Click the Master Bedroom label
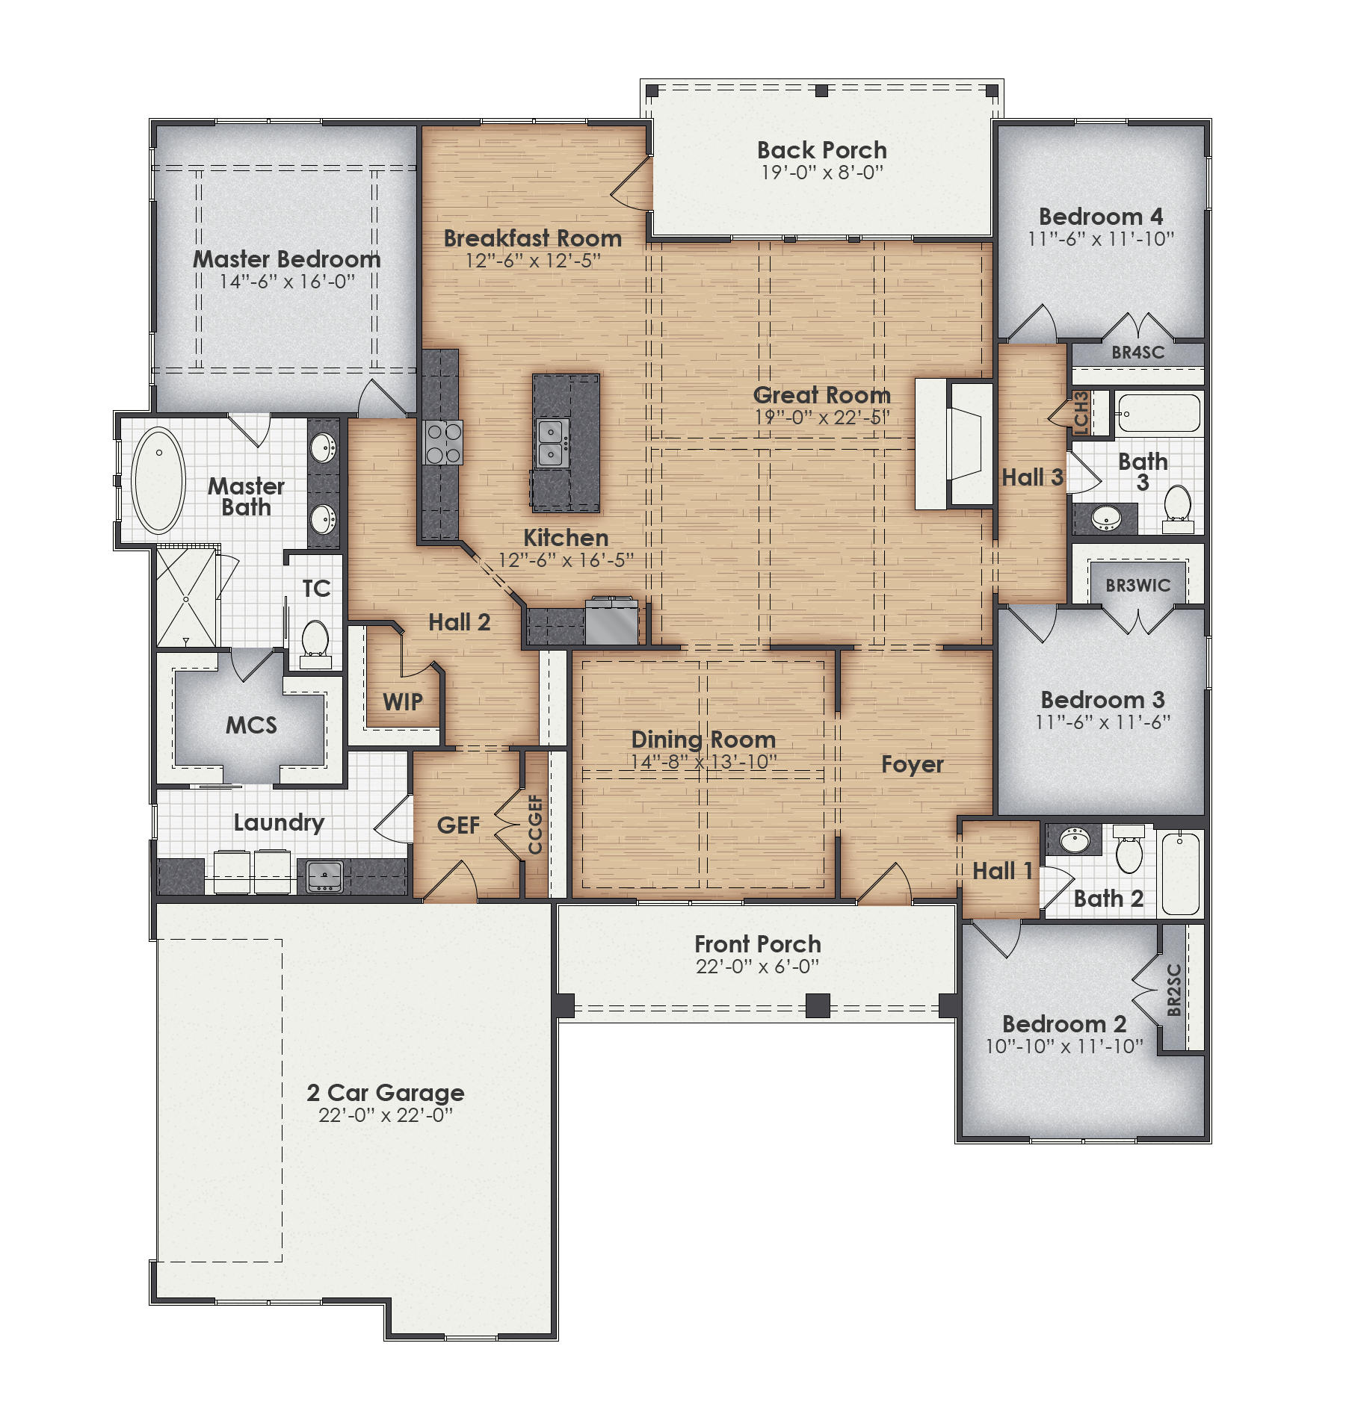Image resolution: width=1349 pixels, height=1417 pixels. pos(287,259)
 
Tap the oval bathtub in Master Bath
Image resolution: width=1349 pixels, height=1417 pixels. pos(158,480)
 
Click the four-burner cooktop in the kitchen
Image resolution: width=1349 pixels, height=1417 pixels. pos(442,442)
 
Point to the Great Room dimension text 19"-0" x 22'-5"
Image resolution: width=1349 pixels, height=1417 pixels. pos(821,418)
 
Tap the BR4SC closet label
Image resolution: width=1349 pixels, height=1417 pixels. pos(1137,353)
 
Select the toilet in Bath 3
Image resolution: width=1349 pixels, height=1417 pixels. pos(1177,506)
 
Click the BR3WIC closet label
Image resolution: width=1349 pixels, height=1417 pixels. pos(1137,586)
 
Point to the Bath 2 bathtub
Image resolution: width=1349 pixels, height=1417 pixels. pos(1181,872)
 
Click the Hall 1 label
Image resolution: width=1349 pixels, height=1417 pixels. pos(1001,871)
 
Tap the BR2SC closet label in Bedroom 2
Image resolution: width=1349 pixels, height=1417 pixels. pos(1174,990)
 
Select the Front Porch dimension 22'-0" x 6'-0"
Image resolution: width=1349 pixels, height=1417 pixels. pos(757,967)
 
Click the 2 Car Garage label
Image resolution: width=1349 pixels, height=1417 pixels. pos(385,1093)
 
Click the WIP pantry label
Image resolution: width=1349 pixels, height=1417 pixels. pos(403,702)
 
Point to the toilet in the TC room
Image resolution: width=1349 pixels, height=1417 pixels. pos(315,639)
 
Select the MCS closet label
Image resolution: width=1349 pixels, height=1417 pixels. pos(251,725)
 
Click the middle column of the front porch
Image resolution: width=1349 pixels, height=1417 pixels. pos(818,1005)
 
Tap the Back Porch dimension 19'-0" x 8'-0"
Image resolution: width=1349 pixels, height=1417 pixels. pos(821,173)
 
